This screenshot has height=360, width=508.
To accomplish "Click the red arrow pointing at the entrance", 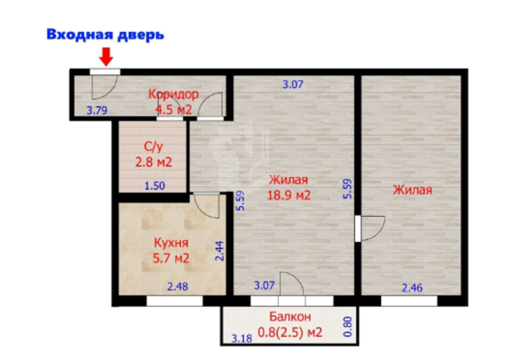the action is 106,57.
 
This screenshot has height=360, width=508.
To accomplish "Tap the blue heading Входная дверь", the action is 105,35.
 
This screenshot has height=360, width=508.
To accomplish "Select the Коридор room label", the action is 173,94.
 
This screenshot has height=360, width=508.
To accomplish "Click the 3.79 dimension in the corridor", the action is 96,111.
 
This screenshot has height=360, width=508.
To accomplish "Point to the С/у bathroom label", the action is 153,147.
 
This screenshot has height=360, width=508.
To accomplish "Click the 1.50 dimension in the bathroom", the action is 155,186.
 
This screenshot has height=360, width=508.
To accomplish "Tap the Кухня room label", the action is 171,243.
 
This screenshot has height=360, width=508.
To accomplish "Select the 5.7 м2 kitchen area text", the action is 171,258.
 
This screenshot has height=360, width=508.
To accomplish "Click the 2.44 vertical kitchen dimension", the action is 220,251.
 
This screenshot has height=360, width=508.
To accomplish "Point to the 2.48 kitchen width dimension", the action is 177,287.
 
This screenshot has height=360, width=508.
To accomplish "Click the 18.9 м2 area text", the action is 289,195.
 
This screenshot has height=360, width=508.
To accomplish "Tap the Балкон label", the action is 290,317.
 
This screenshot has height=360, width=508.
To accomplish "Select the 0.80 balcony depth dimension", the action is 347,327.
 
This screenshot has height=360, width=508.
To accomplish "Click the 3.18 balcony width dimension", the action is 242,339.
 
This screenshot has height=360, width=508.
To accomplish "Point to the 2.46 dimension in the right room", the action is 412,288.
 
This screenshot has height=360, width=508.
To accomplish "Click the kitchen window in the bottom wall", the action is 175,301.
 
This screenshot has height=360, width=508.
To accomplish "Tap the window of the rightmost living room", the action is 409,301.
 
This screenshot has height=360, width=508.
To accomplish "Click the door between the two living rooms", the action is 358,228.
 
